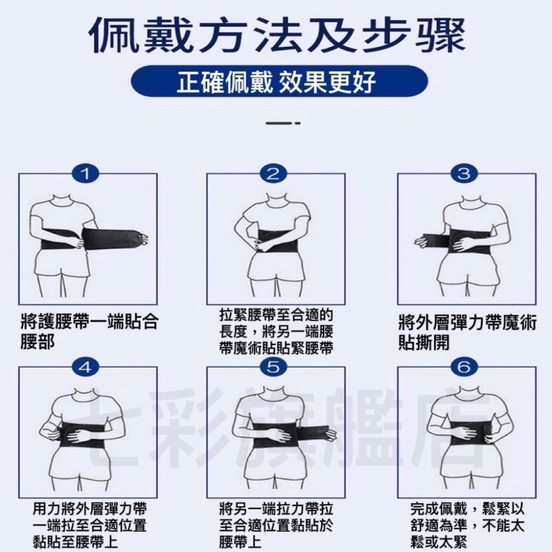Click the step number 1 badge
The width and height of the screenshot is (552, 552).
(x=86, y=173)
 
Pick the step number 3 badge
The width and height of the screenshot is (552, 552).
(x=464, y=173)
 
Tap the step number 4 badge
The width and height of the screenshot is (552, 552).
(x=86, y=367)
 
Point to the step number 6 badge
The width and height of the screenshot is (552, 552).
(x=464, y=367)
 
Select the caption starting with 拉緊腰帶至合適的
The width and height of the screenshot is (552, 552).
(x=276, y=332)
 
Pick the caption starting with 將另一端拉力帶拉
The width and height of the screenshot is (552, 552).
(x=276, y=524)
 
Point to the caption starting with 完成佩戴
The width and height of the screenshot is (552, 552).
(x=467, y=524)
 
